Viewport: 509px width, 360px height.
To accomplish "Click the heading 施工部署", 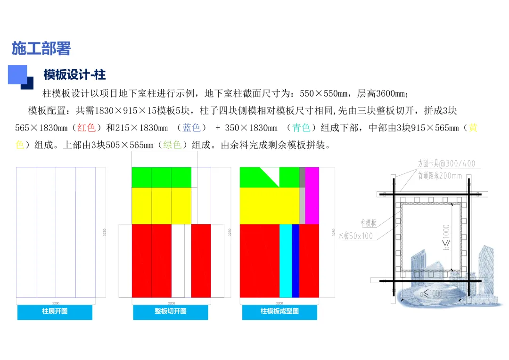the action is [41, 48].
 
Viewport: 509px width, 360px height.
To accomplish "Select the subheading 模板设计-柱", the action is [74, 74].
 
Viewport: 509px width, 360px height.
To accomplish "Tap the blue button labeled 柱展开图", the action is [55, 312].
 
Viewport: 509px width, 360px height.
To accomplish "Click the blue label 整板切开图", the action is [170, 312].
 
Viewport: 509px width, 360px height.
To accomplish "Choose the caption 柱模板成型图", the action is [279, 312].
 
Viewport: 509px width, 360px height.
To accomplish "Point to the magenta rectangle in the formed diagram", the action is [312, 196].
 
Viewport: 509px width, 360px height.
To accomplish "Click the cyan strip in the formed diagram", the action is [286, 261].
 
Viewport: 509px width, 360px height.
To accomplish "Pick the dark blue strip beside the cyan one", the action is [296, 261].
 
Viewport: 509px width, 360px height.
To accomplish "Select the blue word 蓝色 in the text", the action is [192, 128].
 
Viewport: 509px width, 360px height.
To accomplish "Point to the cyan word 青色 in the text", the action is [301, 128].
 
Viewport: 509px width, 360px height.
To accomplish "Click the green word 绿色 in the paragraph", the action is [172, 145].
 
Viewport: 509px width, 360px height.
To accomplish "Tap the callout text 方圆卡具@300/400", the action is [446, 164].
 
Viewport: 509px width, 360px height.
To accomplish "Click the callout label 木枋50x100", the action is [355, 236].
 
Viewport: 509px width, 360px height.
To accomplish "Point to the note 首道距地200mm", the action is [440, 176].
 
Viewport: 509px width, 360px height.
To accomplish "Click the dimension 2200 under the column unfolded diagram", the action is [56, 303].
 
